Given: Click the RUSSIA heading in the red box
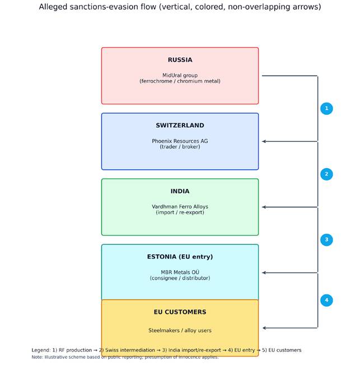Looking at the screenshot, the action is (180, 60).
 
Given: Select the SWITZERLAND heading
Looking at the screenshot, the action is (180, 126).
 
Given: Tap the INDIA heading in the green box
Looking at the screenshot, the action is (180, 191).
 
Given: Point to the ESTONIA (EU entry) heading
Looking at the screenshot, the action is (180, 257).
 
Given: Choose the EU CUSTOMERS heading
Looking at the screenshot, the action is (180, 312).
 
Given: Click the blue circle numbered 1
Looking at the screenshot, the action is (326, 109).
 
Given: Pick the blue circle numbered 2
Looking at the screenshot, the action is (326, 174).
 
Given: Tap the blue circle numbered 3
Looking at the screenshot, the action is (326, 240).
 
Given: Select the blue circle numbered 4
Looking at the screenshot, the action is (326, 300).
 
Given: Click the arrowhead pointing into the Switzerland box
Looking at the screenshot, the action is (264, 141).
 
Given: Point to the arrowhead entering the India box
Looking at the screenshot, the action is (264, 207).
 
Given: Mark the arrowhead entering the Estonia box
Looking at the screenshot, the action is (264, 272).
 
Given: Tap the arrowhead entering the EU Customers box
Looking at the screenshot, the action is (264, 328).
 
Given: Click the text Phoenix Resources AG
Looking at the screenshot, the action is (180, 141).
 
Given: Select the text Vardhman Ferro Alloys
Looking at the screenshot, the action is (180, 207).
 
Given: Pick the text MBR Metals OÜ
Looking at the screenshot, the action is (180, 272).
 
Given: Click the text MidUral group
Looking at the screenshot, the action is (180, 76).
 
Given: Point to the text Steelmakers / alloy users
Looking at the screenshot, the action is (180, 330).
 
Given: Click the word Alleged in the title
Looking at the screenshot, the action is (53, 7).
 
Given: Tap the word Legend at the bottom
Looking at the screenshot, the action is (41, 350).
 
